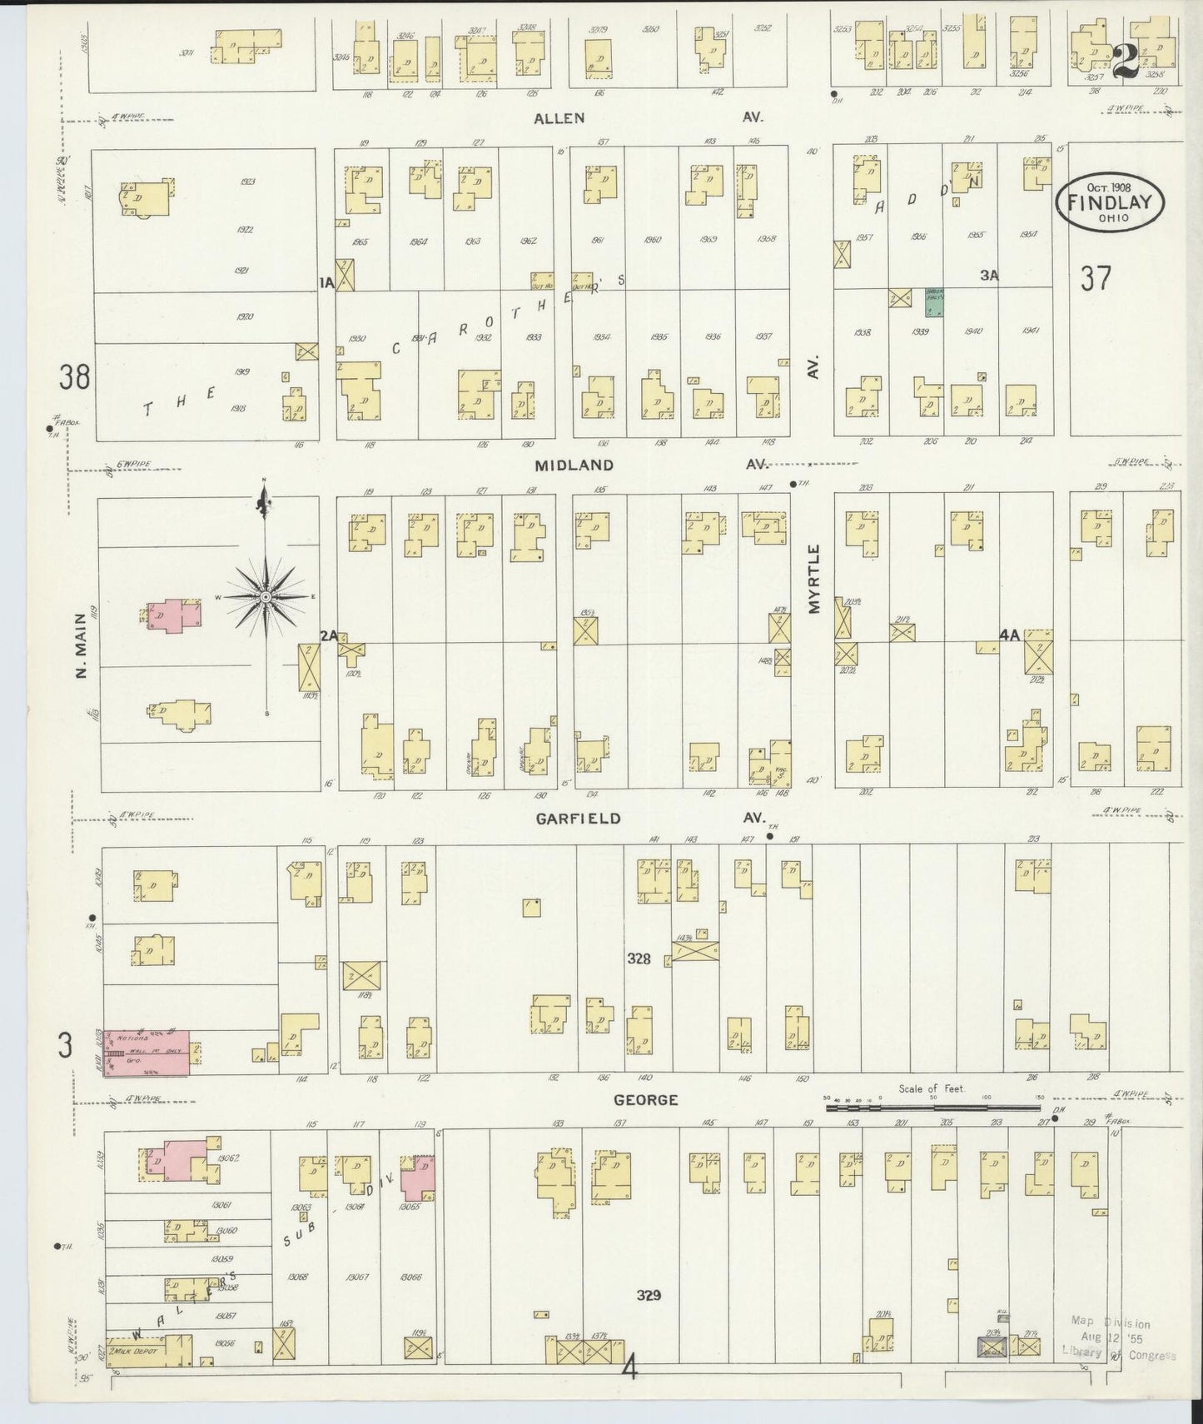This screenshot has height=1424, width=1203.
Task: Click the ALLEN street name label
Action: click(559, 118)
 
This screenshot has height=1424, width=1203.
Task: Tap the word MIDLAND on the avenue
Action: click(574, 466)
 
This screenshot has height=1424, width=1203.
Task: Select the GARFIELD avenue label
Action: click(578, 819)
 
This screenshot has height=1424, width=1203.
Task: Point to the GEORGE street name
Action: click(645, 1100)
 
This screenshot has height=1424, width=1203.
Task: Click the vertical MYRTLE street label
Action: click(814, 579)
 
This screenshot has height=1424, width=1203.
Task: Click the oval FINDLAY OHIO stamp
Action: click(1110, 203)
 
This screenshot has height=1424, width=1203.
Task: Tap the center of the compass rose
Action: click(265, 597)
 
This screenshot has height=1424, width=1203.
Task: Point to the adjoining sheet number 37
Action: click(1096, 278)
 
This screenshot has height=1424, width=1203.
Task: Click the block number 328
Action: click(639, 958)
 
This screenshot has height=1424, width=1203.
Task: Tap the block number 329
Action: click(649, 1295)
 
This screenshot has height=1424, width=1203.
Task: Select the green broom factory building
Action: click(935, 303)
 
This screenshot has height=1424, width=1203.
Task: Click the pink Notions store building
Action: click(148, 1051)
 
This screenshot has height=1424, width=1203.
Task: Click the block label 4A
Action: click(1010, 635)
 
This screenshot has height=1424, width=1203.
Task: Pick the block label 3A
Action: click(988, 275)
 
